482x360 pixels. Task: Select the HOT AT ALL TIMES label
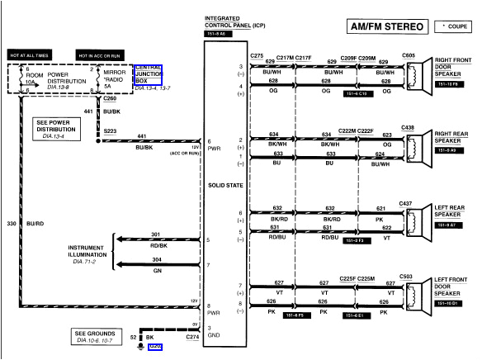click(x=31, y=55)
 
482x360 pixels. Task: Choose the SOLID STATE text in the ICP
click(x=224, y=185)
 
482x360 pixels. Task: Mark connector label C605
click(x=408, y=55)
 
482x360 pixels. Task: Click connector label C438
click(x=408, y=127)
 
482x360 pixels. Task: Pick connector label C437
click(x=405, y=202)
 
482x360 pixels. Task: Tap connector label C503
click(x=407, y=277)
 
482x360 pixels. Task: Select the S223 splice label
click(x=110, y=130)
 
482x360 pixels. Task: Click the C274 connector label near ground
click(x=192, y=338)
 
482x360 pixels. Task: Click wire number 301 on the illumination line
click(x=155, y=234)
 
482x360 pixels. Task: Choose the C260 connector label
click(x=110, y=98)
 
